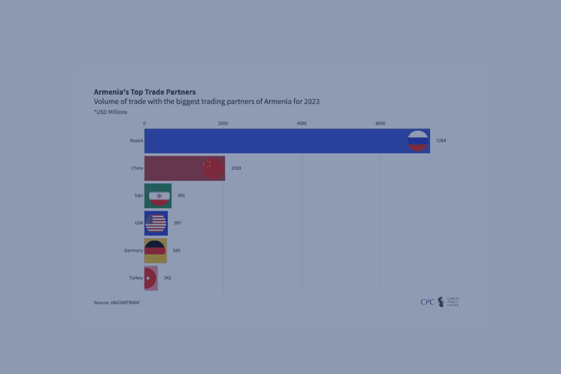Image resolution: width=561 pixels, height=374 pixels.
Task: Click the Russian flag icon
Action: pos(417,141)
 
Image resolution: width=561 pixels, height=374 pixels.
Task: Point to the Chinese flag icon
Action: pos(211,168)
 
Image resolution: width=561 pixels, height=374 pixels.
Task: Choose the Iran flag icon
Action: pos(159,196)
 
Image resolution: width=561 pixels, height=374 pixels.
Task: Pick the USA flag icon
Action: pos(156,223)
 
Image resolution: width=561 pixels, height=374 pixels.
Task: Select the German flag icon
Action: pos(155,250)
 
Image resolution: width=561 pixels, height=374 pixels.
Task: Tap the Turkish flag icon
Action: pos(150,278)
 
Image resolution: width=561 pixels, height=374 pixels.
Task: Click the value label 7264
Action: pos(441,141)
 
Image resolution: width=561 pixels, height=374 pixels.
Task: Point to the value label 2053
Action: pos(236,168)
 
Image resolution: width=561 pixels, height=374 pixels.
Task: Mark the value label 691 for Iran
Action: pos(181,196)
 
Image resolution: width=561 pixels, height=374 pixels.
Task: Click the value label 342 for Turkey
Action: pos(168,278)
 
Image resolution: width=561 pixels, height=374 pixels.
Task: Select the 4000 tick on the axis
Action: pos(302,123)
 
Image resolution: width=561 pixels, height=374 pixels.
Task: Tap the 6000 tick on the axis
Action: pos(380,123)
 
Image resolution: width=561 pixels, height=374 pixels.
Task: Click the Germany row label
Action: pos(133,251)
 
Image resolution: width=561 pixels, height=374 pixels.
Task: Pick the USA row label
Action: pos(138,223)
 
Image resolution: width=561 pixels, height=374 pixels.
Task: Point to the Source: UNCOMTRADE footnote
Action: pos(117,302)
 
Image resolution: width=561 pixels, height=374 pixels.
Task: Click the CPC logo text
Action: pos(428,302)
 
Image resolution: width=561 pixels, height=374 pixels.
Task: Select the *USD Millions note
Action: pos(110,112)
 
